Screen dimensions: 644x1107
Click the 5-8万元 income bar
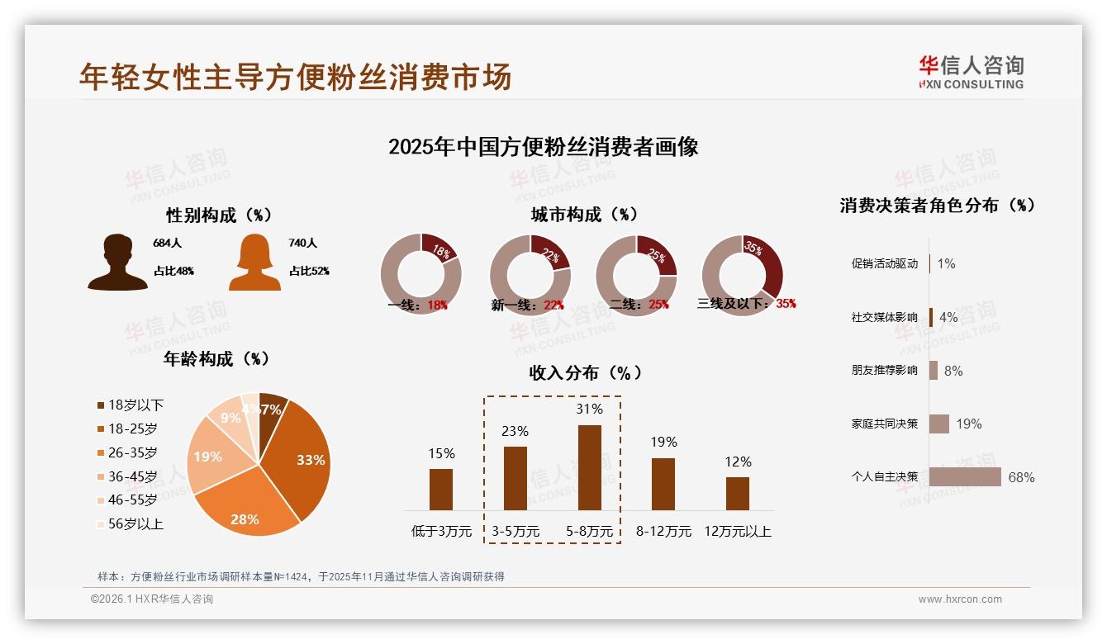[x=589, y=467]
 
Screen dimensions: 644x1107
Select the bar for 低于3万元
[x=441, y=489]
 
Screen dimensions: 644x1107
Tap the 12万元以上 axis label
[x=737, y=532]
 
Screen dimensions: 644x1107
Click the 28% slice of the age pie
[x=245, y=510]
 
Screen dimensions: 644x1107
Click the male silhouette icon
[x=117, y=263]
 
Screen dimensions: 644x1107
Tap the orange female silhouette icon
[x=254, y=263]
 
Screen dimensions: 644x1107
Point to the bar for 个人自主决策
[x=965, y=477]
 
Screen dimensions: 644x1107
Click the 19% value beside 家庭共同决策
[x=969, y=424]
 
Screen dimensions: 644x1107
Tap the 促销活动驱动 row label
[x=884, y=264]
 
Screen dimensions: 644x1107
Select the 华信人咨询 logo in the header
[x=971, y=72]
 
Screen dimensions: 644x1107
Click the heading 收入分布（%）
[x=585, y=373]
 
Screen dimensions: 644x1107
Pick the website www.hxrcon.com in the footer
[x=960, y=599]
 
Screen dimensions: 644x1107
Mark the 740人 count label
[x=302, y=244]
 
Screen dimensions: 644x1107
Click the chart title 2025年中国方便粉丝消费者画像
[x=543, y=147]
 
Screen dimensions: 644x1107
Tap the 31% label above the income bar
[x=589, y=410]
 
